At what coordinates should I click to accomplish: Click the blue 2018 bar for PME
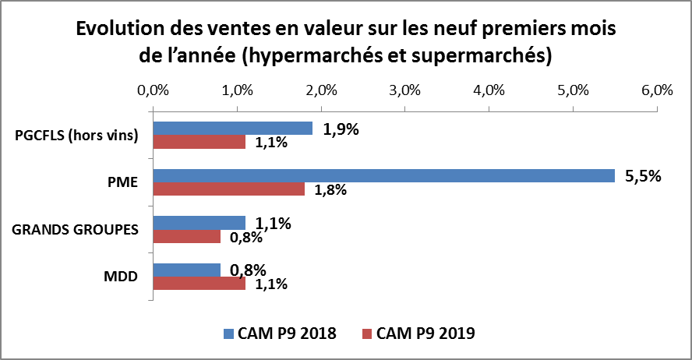[x=383, y=175]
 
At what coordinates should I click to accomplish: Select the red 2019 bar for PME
[x=228, y=189]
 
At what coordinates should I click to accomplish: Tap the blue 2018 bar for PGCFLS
[x=232, y=128]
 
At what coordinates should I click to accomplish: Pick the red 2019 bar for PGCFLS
[x=199, y=142]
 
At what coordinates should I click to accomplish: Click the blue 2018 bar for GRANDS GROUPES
[x=199, y=222]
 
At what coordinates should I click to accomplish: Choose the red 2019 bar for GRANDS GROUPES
[x=186, y=236]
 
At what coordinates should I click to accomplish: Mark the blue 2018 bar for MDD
[x=186, y=270]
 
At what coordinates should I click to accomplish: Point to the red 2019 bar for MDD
[x=199, y=284]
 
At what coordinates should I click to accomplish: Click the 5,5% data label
[x=643, y=176]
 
